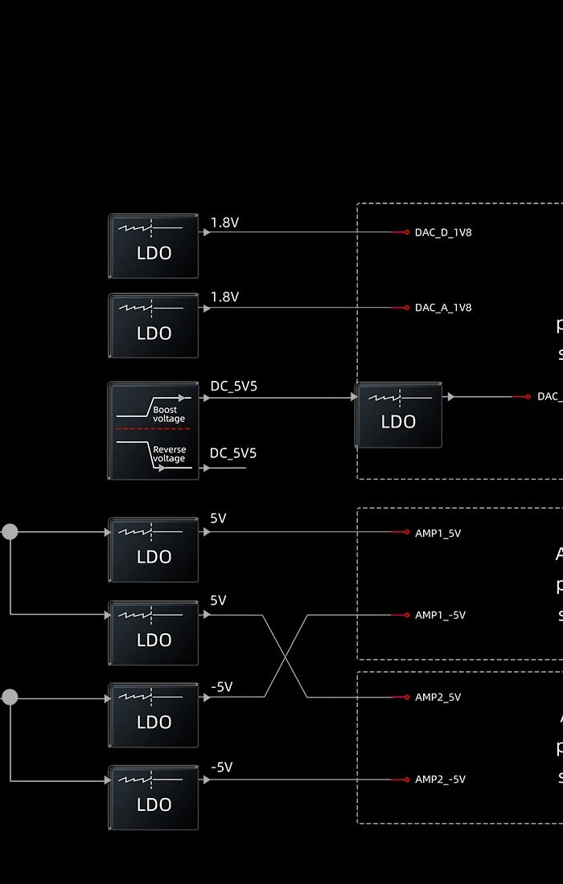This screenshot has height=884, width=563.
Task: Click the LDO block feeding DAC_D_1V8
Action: tap(153, 246)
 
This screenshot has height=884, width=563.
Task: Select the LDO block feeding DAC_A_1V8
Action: tap(153, 325)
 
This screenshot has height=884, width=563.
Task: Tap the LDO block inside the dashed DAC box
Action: tap(398, 415)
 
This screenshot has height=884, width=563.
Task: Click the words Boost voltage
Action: tap(169, 414)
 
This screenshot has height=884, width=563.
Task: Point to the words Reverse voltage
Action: tap(169, 454)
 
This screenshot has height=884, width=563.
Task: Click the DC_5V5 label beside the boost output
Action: tap(233, 387)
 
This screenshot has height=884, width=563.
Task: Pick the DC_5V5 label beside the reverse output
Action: tap(233, 453)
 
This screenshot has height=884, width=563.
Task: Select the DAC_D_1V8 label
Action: tap(443, 232)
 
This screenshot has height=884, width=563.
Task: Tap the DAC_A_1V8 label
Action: tap(443, 308)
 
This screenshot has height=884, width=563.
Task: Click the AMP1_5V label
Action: tap(438, 533)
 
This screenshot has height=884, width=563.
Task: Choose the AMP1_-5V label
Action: tap(440, 616)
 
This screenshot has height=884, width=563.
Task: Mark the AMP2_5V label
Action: tap(438, 698)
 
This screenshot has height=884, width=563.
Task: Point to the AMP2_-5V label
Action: tap(440, 780)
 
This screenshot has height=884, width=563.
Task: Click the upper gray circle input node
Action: tap(10, 531)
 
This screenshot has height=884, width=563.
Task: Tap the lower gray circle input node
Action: tap(10, 697)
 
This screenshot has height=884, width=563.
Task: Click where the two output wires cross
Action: tap(286, 657)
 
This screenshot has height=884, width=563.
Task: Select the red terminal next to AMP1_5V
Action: tap(406, 532)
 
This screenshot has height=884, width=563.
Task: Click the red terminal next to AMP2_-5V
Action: tap(406, 780)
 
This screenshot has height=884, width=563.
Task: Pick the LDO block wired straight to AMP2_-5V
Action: tap(153, 797)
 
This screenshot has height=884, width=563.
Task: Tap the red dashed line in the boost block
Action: tap(153, 429)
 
